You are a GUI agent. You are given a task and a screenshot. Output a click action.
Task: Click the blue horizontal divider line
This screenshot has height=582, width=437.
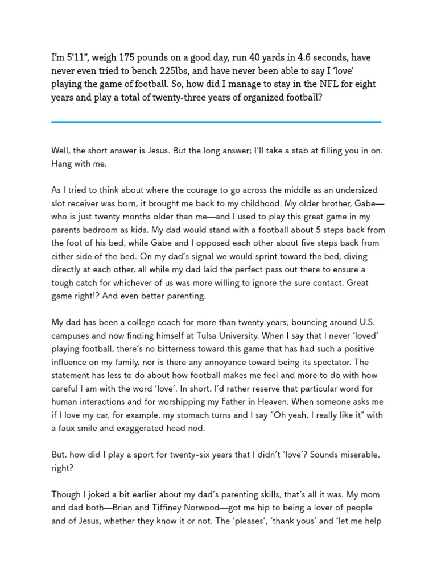(216, 122)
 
